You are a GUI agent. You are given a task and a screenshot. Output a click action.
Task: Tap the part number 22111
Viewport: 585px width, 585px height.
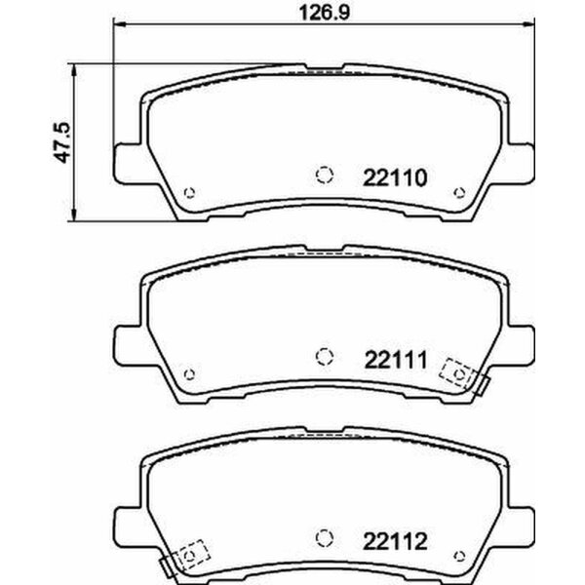pyautogui.click(x=394, y=359)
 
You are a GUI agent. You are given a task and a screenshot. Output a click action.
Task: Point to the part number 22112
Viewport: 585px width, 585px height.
pyautogui.click(x=394, y=538)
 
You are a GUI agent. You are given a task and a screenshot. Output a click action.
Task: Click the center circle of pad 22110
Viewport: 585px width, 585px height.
pyautogui.click(x=325, y=175)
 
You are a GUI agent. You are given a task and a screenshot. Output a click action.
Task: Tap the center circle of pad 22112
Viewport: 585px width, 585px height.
pyautogui.click(x=325, y=535)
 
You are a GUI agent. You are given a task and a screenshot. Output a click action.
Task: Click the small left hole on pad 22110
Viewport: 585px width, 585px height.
pyautogui.click(x=190, y=191)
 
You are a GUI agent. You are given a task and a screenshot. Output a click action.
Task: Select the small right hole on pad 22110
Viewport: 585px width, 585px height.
pyautogui.click(x=459, y=191)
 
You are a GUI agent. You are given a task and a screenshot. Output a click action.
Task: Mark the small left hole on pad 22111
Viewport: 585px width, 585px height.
pyautogui.click(x=190, y=371)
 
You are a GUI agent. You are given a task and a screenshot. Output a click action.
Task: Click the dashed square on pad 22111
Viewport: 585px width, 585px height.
pyautogui.click(x=457, y=371)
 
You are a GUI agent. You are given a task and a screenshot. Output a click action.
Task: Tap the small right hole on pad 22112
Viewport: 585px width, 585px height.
pyautogui.click(x=459, y=552)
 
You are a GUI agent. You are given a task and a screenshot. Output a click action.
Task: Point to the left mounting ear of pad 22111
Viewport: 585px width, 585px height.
pyautogui.click(x=130, y=342)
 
